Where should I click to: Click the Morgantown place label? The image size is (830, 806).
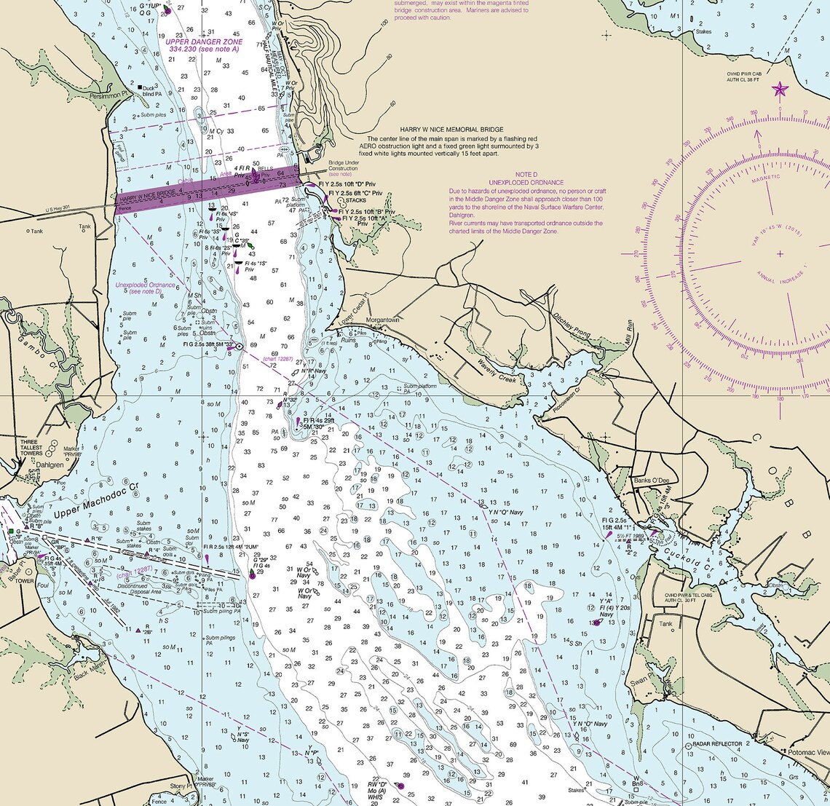[x=383, y=320]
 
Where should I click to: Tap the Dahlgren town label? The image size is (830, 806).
[x=50, y=463]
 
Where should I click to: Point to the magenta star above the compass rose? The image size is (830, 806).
[x=780, y=90]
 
